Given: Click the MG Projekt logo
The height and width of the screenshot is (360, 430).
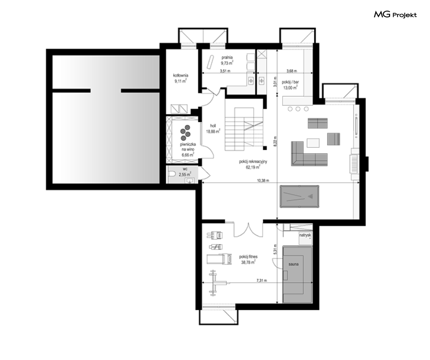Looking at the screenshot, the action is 395,14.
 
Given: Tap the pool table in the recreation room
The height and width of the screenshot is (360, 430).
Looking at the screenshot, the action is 299,197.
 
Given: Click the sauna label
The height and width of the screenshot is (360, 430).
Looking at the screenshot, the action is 294,264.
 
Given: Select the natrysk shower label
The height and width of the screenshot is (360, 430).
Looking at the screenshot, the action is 305,235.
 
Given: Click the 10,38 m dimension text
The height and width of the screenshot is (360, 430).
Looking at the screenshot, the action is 263,180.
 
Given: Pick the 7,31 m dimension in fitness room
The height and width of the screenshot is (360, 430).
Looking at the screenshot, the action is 262,281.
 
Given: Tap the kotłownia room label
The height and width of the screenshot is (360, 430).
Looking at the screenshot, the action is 181,75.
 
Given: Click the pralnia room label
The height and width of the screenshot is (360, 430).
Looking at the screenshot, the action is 227,58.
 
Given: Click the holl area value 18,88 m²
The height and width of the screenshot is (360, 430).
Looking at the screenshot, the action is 213,131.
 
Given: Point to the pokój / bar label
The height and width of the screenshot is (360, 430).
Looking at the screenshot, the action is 290,82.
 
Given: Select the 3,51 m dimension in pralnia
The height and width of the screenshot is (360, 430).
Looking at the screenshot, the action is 225,71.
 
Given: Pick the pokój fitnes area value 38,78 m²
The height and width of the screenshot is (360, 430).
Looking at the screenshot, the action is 248,262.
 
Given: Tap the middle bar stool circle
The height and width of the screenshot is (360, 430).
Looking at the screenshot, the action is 298,109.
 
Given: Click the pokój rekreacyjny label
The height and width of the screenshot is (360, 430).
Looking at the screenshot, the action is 253,162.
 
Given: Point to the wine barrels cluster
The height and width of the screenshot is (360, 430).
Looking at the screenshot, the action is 185,132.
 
